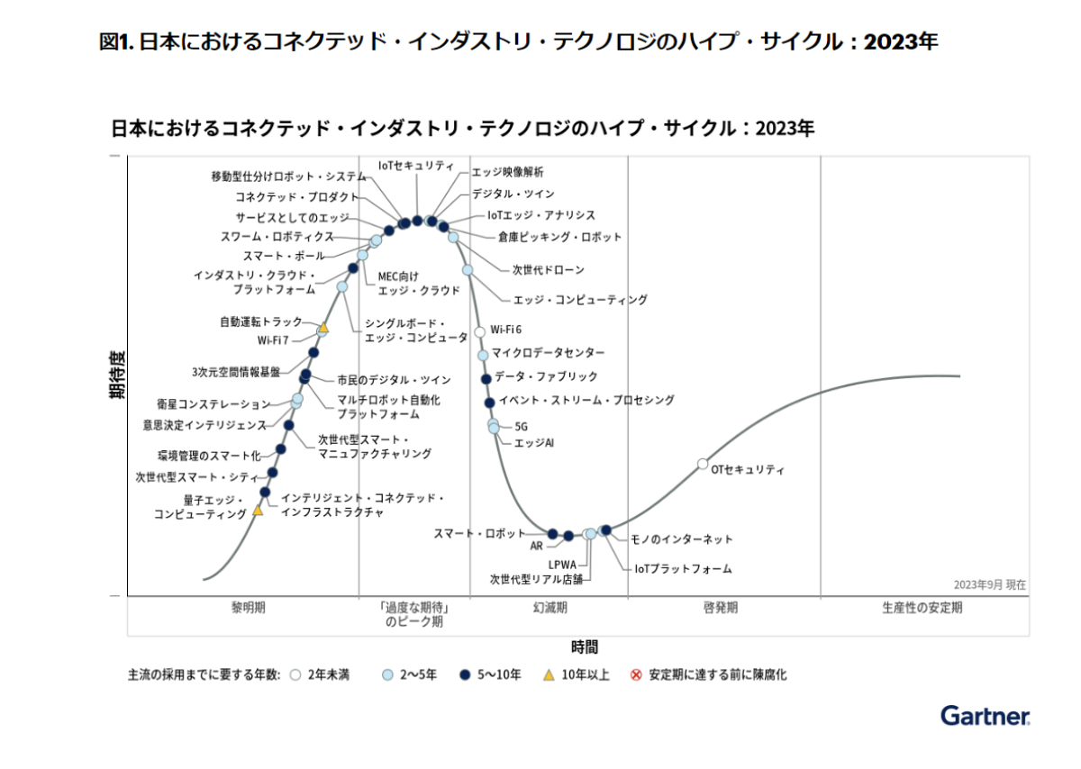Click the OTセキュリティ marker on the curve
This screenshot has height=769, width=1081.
(703, 464)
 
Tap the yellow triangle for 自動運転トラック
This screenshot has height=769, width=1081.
(323, 328)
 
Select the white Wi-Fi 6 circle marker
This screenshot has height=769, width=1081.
(480, 332)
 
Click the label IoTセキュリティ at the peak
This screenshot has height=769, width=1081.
(416, 166)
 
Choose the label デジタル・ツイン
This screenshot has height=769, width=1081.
(513, 194)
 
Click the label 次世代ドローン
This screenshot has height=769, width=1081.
(548, 269)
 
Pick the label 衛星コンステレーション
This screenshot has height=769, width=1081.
(213, 405)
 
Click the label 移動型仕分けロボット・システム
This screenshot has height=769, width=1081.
(288, 176)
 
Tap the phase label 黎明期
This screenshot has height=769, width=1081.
(248, 608)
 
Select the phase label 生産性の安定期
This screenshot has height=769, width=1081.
(922, 608)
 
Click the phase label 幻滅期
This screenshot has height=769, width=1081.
(550, 608)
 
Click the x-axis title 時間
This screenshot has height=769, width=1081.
(584, 647)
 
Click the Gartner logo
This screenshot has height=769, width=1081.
(986, 717)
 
